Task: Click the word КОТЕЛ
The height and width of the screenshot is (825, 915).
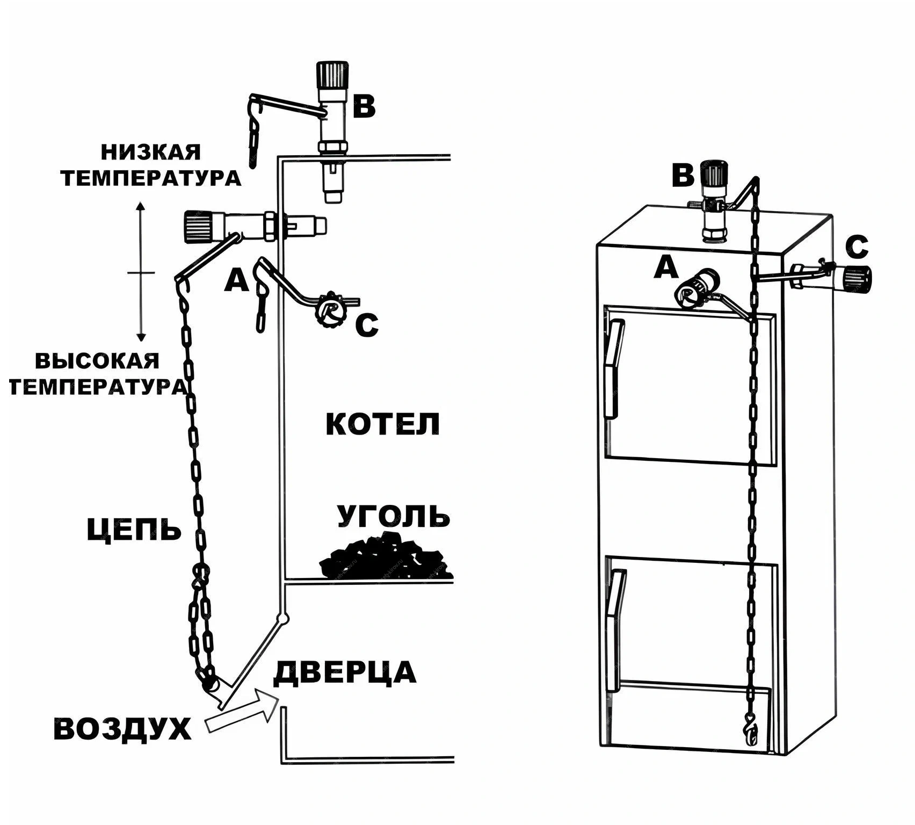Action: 382,424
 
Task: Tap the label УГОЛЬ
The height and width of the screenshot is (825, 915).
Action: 393,516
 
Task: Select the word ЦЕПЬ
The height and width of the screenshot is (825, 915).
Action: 134,530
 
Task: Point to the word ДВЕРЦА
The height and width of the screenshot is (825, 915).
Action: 345,673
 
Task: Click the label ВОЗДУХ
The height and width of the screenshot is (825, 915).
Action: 122,729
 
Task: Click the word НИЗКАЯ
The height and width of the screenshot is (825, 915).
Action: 151,153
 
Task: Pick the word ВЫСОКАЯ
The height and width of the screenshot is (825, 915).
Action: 97,361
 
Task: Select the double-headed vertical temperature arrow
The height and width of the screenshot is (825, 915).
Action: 141,272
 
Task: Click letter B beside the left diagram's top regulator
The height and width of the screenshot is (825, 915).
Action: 364,106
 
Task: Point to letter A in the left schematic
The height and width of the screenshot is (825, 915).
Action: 236,280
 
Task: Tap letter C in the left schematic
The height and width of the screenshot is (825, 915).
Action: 367,325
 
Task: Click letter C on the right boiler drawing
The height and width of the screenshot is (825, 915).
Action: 856,248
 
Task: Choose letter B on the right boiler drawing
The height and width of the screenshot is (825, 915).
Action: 683,176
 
